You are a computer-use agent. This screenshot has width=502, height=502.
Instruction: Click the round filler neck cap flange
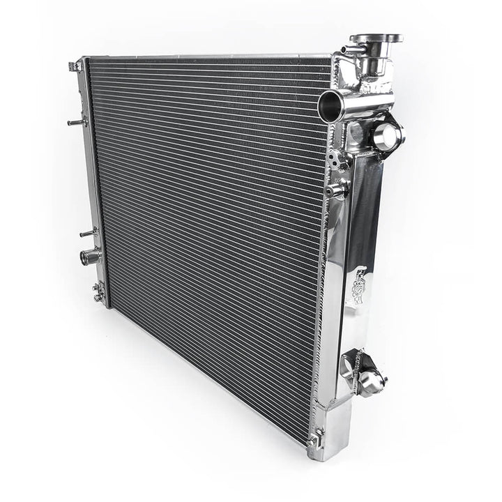point(376,38)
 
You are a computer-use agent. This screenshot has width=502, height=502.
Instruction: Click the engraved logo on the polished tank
point(358,282)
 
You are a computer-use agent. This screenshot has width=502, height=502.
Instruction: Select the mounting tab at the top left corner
point(75,66)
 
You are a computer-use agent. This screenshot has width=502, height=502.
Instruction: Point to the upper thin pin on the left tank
point(75,123)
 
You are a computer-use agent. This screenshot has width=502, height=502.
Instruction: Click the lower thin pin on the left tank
point(88,233)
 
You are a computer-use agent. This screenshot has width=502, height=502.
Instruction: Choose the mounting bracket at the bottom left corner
point(99,291)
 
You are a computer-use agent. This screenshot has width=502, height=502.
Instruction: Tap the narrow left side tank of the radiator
point(93,174)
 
